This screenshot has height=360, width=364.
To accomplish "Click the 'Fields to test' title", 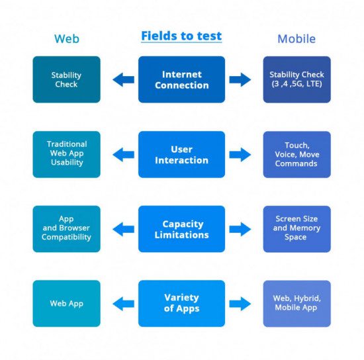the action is coord(181,36).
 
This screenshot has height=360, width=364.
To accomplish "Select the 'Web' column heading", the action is coord(67,39).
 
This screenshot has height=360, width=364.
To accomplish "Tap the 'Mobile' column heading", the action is coord(296,39).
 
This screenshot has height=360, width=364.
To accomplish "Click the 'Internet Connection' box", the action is coord(181,79).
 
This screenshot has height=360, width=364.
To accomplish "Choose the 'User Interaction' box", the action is coord(181,155).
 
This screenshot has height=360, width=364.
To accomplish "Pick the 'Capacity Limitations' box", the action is coord(181,229).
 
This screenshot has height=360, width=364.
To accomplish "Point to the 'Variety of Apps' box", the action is coord(181,304).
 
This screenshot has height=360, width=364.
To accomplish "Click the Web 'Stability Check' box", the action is coord(67,79).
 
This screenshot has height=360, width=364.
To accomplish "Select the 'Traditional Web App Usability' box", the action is coord(67,155).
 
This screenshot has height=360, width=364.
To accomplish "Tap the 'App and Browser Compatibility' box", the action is coord(67,229).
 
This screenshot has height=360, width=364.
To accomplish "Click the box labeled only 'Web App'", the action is coord(67,304).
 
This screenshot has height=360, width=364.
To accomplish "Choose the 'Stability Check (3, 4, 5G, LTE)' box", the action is coord(297,79).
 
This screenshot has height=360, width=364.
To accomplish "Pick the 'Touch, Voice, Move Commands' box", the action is coord(297,155).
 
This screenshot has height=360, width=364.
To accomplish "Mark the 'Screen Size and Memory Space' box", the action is coord(297,229).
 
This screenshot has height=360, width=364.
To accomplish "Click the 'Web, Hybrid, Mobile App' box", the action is coord(297,304).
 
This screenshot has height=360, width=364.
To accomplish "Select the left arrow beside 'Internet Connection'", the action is coord(123,79).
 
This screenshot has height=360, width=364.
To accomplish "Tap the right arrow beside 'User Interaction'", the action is coord(240,155).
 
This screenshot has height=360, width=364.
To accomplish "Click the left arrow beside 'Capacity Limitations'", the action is coord(123,230).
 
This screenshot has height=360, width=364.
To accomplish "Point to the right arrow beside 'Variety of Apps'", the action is coord(240,304).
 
